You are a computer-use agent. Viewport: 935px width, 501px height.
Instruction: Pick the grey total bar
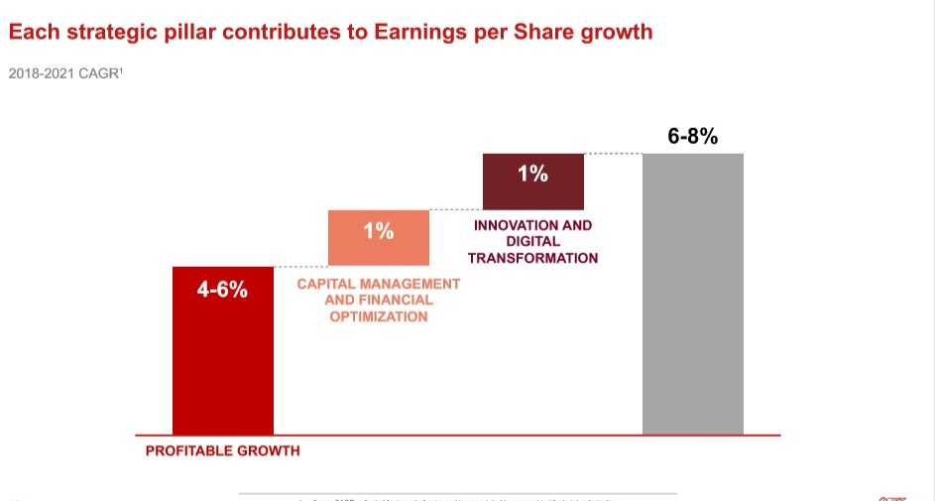(692, 298)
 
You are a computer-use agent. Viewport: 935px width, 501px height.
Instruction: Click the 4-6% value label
(223, 291)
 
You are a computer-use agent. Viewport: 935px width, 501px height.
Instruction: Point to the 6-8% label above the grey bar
(692, 136)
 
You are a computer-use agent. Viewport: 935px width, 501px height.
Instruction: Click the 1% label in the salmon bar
(378, 231)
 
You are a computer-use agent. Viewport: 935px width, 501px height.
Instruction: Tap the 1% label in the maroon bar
(532, 174)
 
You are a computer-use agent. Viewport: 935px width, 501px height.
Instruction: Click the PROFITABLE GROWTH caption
(222, 450)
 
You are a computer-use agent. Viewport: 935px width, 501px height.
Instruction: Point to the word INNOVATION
(509, 225)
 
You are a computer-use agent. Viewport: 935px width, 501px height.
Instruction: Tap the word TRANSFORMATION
(532, 258)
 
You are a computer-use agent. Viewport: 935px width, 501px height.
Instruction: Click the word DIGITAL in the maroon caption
(532, 241)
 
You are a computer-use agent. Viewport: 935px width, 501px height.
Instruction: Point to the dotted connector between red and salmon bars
(300, 266)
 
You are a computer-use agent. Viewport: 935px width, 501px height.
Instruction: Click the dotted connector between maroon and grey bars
(613, 153)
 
